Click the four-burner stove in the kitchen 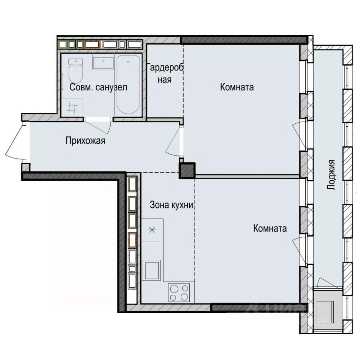tap(179, 292)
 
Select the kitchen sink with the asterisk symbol tap(152, 230)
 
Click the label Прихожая tap(85, 141)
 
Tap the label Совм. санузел tap(99, 87)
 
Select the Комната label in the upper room tap(237, 87)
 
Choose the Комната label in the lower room tap(270, 228)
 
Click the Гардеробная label tap(165, 73)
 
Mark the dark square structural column tap(187, 171)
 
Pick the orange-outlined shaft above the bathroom tap(92, 44)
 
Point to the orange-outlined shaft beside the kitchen tap(132, 241)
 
